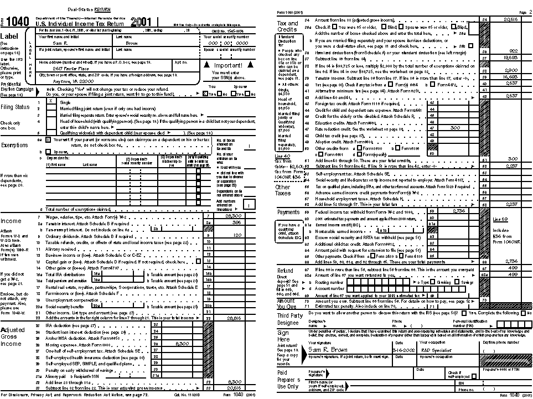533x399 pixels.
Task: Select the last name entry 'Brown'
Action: (x=132, y=43)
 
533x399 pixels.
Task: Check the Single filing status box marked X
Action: (x=50, y=102)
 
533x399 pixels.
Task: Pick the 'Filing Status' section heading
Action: (x=15, y=107)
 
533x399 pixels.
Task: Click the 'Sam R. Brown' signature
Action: (x=328, y=350)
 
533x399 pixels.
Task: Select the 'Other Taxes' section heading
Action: (x=283, y=190)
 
